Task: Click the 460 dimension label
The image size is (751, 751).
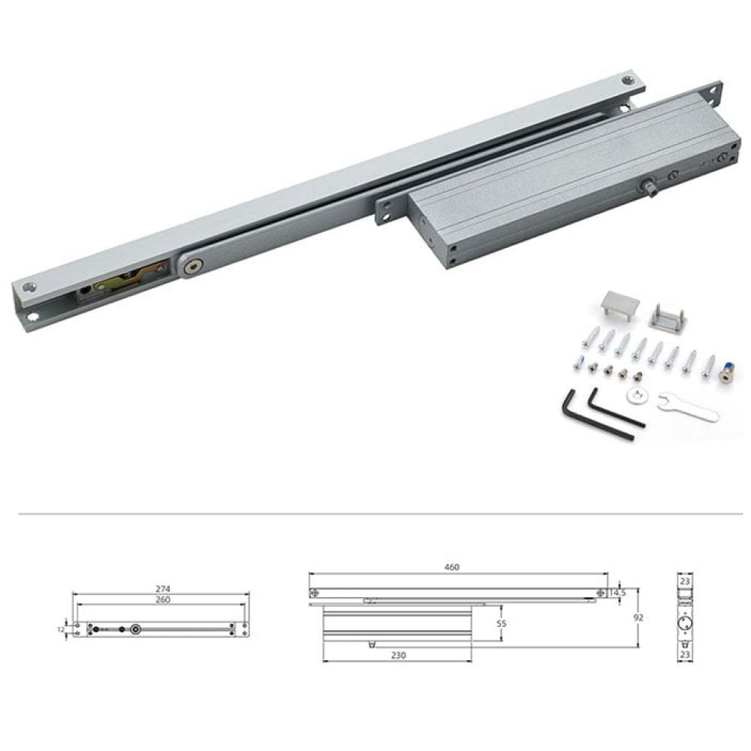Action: pyautogui.click(x=451, y=567)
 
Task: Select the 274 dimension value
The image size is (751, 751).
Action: pyautogui.click(x=163, y=589)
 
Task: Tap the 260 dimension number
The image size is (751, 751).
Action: pyautogui.click(x=163, y=599)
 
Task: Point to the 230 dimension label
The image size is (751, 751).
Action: pyautogui.click(x=399, y=655)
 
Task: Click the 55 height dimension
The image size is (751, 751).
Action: pyautogui.click(x=502, y=623)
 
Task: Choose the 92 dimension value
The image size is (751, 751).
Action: pyautogui.click(x=638, y=618)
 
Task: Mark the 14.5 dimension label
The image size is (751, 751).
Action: pyautogui.click(x=617, y=593)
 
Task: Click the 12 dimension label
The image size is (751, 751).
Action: pyautogui.click(x=61, y=629)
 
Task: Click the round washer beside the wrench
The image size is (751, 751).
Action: pyautogui.click(x=638, y=396)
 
